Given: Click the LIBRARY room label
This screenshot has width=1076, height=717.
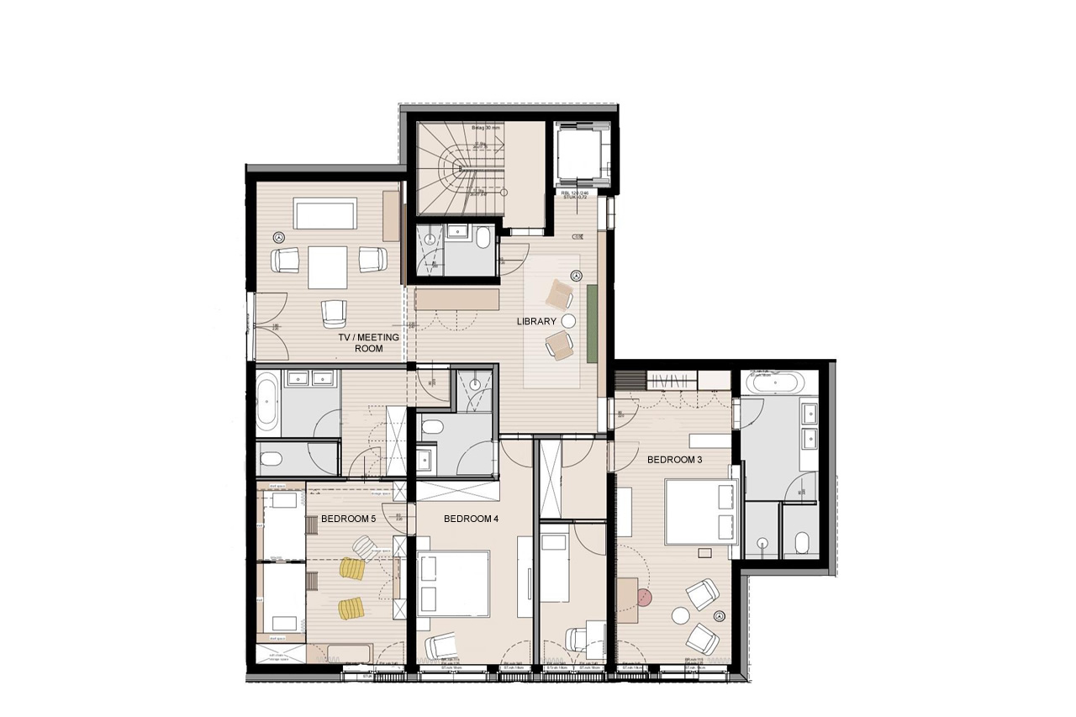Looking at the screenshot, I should tap(536, 322).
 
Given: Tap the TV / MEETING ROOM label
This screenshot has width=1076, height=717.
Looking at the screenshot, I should tap(368, 342).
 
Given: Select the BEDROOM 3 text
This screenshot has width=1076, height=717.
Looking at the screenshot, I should tap(674, 460).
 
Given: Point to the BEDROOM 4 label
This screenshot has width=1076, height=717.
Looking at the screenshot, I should tap(471, 519).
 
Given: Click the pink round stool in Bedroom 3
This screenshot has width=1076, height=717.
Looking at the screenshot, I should tap(644, 598).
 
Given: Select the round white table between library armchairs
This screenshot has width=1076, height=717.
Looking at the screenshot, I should tap(568, 320).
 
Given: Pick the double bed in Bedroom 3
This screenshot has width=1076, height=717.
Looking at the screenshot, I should tap(701, 512).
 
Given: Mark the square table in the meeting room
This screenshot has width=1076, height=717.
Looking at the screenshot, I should tap(328, 266).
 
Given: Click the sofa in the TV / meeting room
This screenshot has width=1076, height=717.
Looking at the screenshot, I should tap(324, 213).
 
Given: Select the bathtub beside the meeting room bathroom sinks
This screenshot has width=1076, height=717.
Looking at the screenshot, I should tap(266, 403).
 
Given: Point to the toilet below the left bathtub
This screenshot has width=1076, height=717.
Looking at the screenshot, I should tap(272, 460).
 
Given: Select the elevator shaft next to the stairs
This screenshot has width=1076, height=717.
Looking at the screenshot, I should tap(582, 154).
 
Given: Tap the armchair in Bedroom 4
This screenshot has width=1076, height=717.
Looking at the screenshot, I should tap(441, 646).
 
